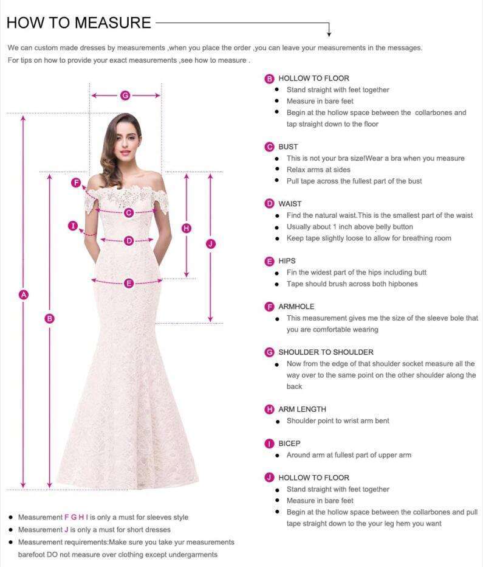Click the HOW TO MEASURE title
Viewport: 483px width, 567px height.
[x=78, y=23]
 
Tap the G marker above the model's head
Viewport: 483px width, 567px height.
[x=125, y=96]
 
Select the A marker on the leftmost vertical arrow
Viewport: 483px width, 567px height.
[x=24, y=294]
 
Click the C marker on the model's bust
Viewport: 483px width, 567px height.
[x=129, y=212]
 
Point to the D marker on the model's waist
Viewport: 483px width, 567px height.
[x=129, y=241]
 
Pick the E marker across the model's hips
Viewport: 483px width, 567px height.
[x=129, y=283]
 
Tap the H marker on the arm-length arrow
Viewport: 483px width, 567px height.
[x=187, y=228]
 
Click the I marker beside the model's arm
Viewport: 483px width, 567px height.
[x=73, y=226]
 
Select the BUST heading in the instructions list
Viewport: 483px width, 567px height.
[x=288, y=147]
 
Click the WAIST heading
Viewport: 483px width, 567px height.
[x=290, y=204]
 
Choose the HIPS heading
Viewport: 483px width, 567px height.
[x=287, y=261]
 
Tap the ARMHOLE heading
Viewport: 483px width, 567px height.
[x=296, y=307]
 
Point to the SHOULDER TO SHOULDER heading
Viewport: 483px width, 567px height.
[x=326, y=352]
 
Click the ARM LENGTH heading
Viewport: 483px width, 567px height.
[x=302, y=409]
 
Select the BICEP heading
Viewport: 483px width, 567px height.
[x=289, y=444]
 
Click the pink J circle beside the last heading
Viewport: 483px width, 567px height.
[x=270, y=478]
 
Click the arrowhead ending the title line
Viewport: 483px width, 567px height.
[x=329, y=33]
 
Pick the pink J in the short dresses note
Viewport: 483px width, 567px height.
[x=66, y=530]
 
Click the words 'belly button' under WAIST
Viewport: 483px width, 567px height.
[x=394, y=227]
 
